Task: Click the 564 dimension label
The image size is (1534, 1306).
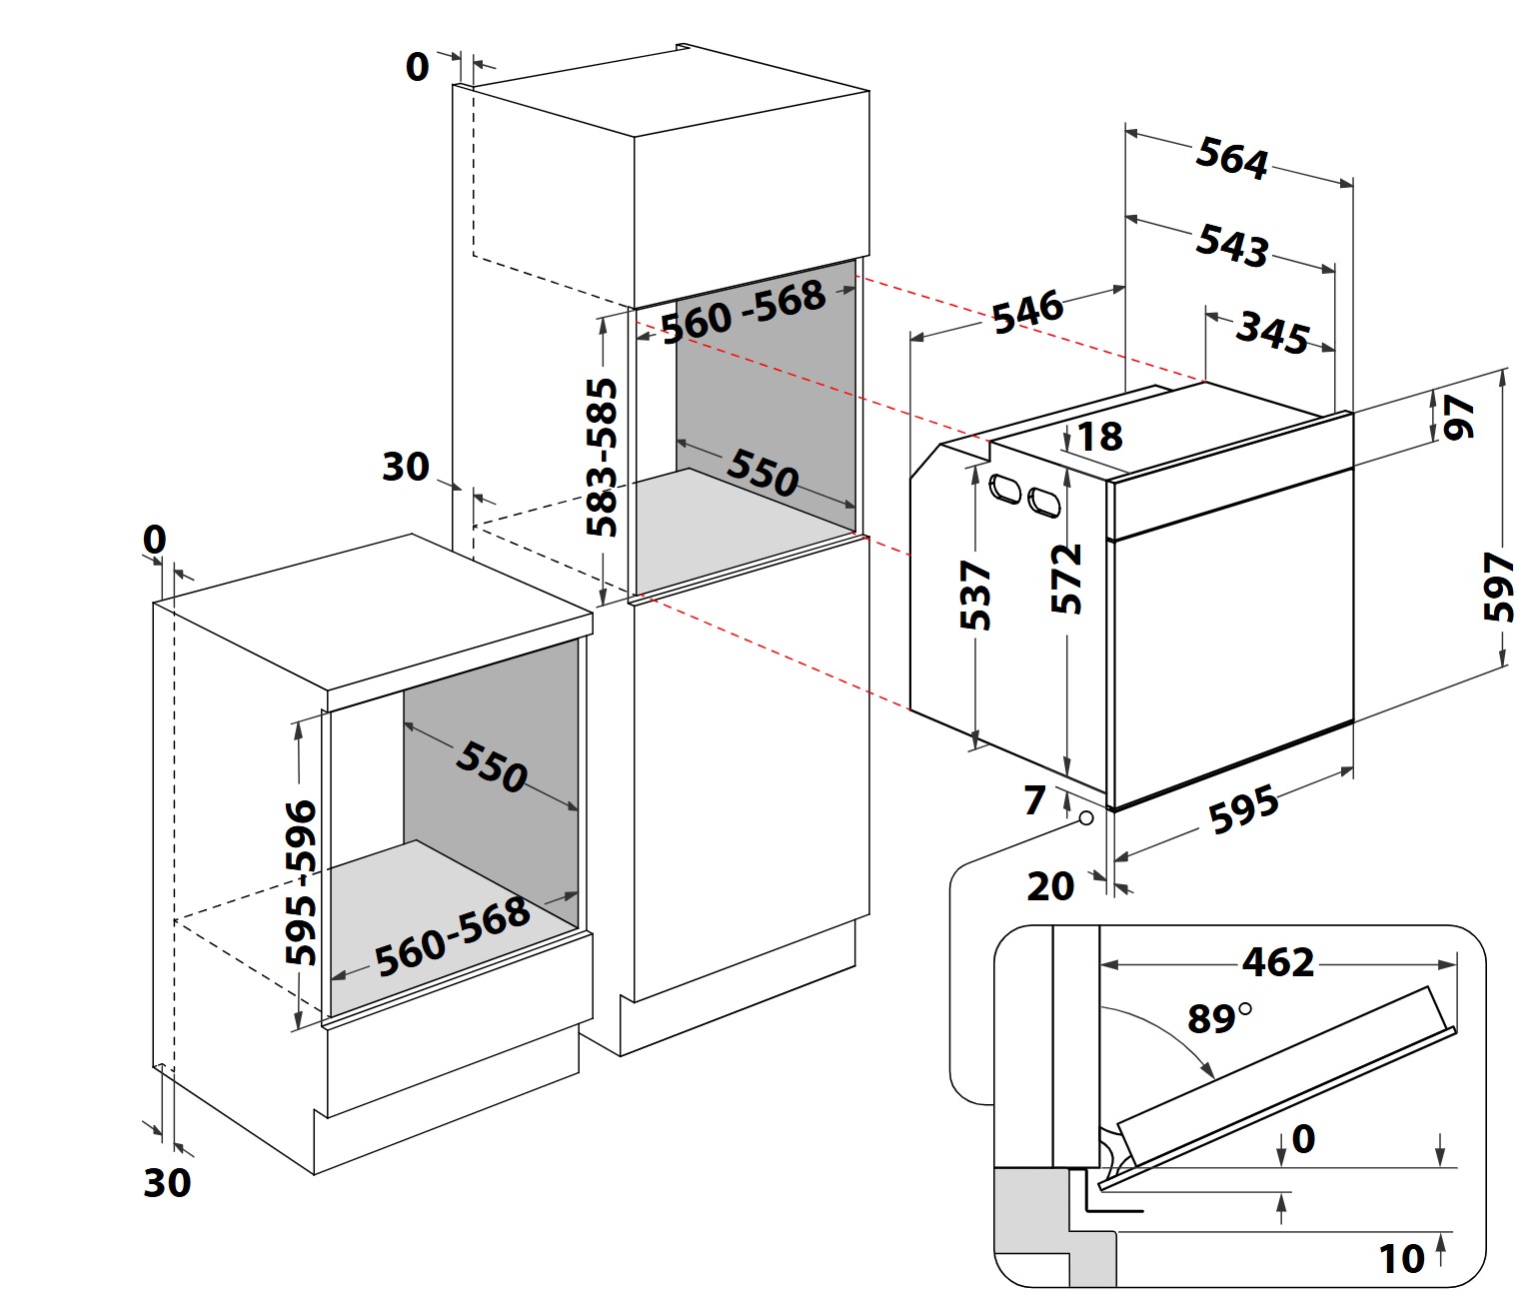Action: click(x=1231, y=158)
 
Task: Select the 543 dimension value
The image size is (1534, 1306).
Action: click(x=1231, y=245)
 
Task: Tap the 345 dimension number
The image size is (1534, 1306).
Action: click(x=1272, y=333)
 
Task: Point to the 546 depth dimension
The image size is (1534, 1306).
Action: click(x=1027, y=311)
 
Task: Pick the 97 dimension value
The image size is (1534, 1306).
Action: click(x=1460, y=417)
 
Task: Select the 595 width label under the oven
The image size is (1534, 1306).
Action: click(x=1243, y=809)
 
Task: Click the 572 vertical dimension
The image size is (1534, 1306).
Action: click(x=1067, y=578)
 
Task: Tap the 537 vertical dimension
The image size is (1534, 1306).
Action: click(x=975, y=596)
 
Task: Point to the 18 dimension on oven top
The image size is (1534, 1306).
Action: click(x=1099, y=437)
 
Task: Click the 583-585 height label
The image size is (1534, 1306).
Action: click(x=602, y=457)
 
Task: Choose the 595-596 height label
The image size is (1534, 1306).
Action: click(x=300, y=881)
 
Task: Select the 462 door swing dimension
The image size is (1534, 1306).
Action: click(x=1278, y=962)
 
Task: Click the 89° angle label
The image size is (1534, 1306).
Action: click(x=1218, y=1018)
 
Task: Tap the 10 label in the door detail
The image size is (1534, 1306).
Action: click(x=1401, y=1259)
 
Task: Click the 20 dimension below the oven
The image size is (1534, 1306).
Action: click(x=1050, y=886)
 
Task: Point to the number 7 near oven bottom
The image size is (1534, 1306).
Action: click(x=1034, y=799)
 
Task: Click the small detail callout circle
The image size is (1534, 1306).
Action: click(x=1085, y=818)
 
